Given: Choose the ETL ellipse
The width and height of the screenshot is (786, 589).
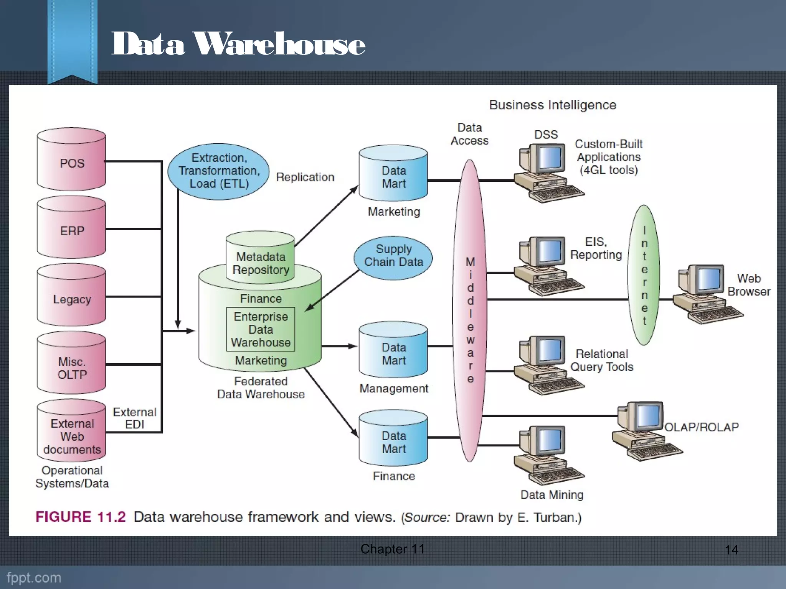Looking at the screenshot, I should [x=219, y=171].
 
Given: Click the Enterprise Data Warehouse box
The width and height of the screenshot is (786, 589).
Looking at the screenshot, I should [x=261, y=329].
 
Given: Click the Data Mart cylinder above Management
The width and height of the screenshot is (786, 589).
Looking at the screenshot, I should [x=393, y=350].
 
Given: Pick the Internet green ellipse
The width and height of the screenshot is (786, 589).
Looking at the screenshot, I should [x=644, y=275].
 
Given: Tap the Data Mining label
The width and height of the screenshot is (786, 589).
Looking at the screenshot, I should [x=552, y=495].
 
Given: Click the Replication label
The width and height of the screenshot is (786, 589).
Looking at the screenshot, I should [x=305, y=177].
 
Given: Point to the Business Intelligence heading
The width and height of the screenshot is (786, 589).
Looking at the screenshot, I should [x=552, y=105].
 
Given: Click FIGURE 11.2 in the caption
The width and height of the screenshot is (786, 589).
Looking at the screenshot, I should [x=81, y=517].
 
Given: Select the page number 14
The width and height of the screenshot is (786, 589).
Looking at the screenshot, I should [x=732, y=550].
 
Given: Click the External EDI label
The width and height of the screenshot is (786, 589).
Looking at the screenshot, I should [x=134, y=418].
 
